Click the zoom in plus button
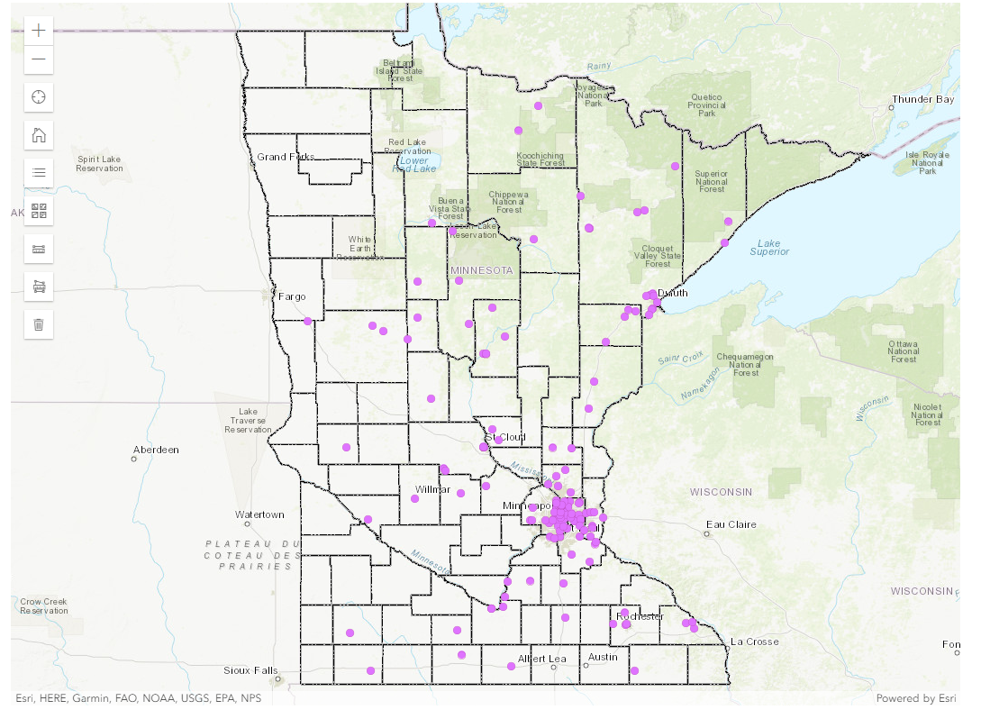pos(38,30)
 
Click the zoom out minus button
pos(38,59)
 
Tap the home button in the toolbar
pos(38,135)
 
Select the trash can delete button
pos(38,323)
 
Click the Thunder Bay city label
pos(922,99)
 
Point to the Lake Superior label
pos(769,247)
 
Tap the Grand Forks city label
pos(286,157)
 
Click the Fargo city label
pos(292,296)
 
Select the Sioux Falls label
pos(251,670)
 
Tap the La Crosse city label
pos(755,642)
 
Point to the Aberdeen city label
pos(156,449)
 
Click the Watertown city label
pos(259,514)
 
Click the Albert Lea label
pos(542,658)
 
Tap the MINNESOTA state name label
pos(482,270)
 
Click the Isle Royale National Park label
pos(927,162)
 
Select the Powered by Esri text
pos(915,698)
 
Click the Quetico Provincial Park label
pos(707,105)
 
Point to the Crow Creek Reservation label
pos(43,606)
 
